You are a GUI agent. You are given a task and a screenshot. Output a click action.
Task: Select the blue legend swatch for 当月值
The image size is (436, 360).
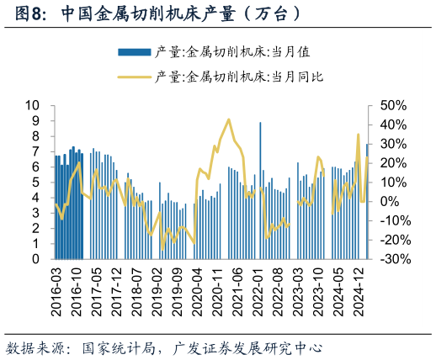134,52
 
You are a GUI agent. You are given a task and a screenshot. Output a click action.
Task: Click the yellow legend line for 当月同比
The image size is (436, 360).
134,77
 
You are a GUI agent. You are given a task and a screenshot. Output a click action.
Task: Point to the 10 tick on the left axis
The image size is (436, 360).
33,105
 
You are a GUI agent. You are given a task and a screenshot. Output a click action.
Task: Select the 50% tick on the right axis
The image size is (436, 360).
394,105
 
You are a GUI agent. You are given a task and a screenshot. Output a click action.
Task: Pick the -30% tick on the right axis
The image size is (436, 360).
394,259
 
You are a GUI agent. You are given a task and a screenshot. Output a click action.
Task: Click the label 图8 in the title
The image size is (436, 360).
19,14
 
